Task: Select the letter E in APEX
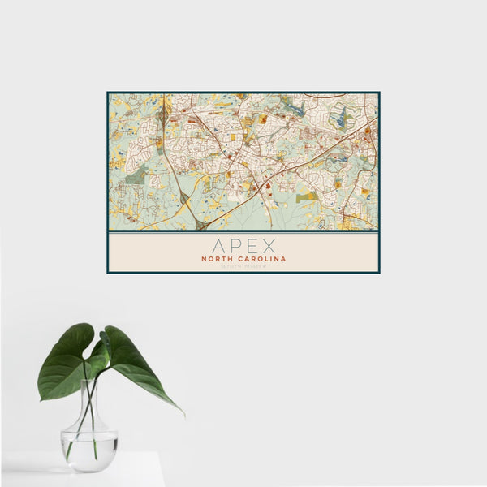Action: coord(252,246)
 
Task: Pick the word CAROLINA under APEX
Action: coord(261,259)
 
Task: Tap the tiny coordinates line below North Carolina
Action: coord(243,267)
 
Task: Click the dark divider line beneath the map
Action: coord(243,232)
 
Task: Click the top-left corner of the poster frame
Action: coord(108,93)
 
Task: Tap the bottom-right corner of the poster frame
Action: coord(379,272)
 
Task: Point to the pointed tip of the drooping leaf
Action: coord(183,414)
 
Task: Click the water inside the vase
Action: coord(89,450)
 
